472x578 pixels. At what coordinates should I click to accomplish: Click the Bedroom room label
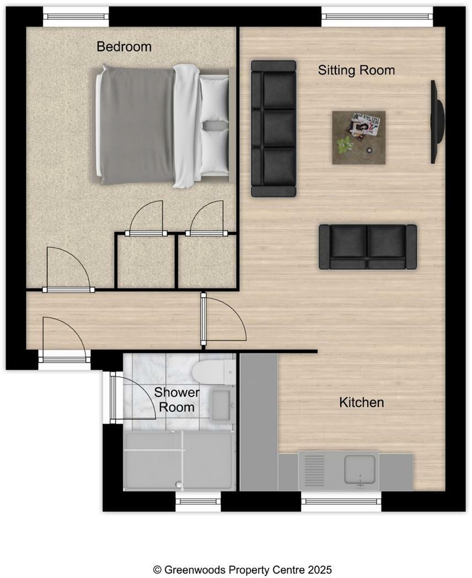click(x=124, y=46)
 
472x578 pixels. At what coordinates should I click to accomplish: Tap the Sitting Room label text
click(x=356, y=70)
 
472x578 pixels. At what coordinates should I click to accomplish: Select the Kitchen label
click(x=361, y=403)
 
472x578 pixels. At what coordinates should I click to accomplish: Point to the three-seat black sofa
click(x=273, y=129)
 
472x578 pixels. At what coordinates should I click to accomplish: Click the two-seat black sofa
click(x=367, y=247)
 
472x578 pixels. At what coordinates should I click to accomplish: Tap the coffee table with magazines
click(x=358, y=137)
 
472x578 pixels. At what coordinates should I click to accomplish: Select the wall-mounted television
click(x=437, y=122)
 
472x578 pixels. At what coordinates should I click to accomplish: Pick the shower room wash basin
click(x=222, y=406)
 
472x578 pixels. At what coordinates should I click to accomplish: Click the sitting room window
click(x=377, y=16)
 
